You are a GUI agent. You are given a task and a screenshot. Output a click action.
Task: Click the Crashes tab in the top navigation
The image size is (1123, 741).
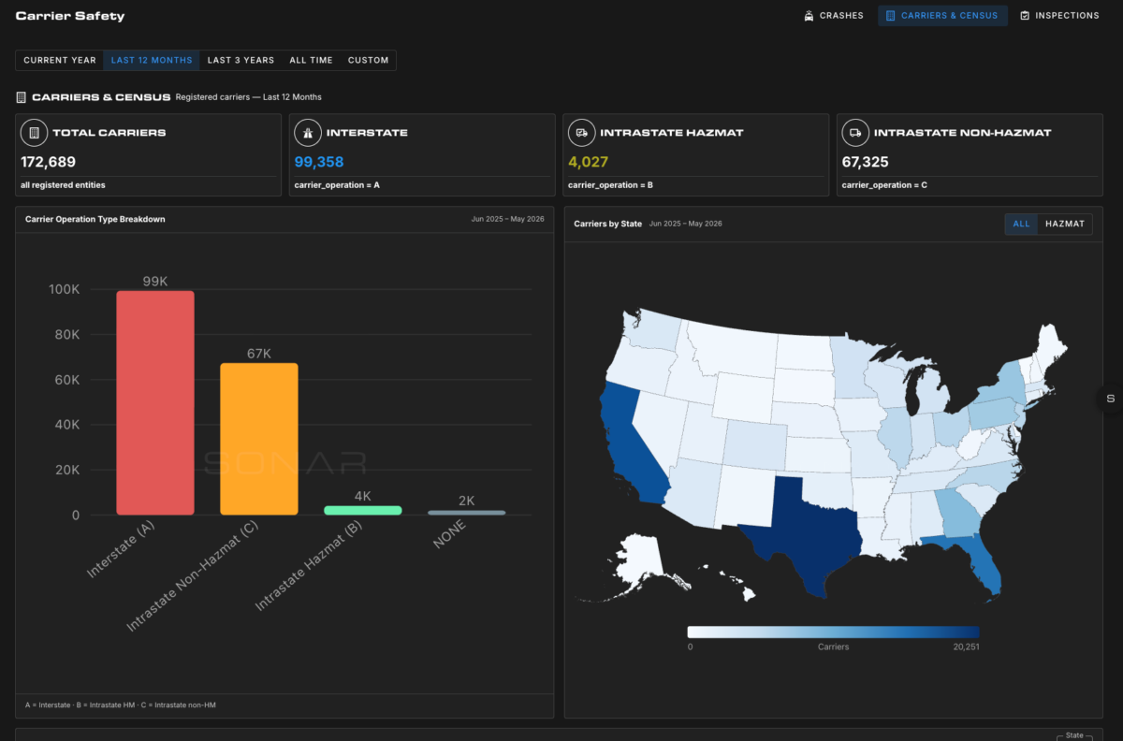coord(833,16)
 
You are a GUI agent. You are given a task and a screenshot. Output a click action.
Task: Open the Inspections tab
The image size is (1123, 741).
coord(1059,16)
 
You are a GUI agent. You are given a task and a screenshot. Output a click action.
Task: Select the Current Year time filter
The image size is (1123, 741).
coord(60,60)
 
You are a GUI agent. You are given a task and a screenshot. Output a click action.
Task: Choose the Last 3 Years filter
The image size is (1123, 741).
coord(241,60)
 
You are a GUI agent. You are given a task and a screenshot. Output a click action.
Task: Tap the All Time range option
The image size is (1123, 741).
coord(311,60)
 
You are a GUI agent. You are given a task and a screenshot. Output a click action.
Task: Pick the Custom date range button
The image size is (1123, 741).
coord(368,60)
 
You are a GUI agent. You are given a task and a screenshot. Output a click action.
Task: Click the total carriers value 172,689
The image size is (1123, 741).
coord(48,162)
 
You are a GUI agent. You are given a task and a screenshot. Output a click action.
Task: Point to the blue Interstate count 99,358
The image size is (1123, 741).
coord(319,162)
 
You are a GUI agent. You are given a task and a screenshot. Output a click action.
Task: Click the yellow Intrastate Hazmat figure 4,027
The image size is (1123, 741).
coord(588,162)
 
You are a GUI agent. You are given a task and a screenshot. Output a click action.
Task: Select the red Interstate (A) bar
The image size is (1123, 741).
coord(155,402)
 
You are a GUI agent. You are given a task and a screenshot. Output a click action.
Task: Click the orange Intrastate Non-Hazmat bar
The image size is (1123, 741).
coord(259,439)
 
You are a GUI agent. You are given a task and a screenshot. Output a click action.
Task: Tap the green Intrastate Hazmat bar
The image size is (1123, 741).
coord(363,511)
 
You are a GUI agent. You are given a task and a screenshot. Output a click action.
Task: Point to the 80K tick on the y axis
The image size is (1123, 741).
coord(67,334)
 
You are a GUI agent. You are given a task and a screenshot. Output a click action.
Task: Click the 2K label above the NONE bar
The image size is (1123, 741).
coord(466,501)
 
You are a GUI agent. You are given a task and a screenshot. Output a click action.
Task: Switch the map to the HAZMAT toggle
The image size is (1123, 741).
coord(1065,224)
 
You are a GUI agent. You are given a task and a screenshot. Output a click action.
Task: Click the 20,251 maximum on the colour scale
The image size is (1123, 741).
coord(966,647)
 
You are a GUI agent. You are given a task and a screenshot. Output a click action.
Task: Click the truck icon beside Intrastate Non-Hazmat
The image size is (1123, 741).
coord(855,133)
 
